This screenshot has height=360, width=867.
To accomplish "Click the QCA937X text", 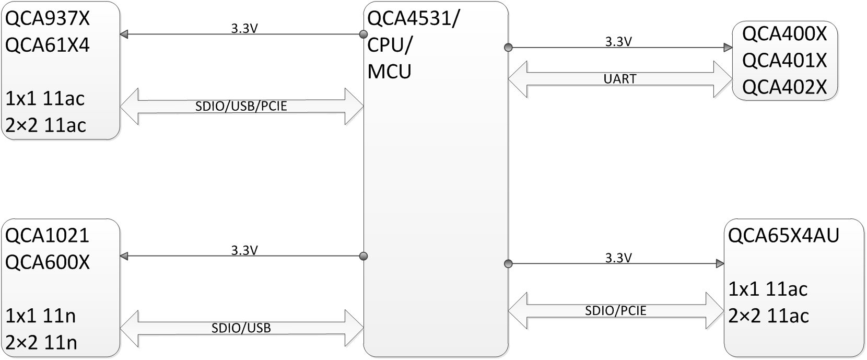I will point(48,19).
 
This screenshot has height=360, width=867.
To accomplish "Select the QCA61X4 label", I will point(48,45).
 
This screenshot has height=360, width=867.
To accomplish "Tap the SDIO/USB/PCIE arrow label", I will point(241,107).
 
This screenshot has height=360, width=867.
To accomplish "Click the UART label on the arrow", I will point(620,79).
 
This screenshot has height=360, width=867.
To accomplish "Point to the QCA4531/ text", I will point(413,19).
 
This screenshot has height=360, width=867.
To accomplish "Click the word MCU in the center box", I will point(389,72).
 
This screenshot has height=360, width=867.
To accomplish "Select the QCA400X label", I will point(784,34).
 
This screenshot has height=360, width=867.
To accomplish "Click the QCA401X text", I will point(784,61).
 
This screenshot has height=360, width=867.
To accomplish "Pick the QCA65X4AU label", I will point(783,236).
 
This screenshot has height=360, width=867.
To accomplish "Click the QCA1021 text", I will point(48,236).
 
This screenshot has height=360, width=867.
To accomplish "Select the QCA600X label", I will point(48,262).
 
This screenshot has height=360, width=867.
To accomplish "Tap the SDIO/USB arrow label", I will point(241,329).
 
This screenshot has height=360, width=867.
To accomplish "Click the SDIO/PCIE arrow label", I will point(616,311).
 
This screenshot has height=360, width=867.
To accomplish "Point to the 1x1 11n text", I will point(41,316).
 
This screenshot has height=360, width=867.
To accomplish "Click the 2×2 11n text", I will point(41,343).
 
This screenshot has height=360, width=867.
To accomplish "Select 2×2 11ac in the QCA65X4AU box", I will point(768,316).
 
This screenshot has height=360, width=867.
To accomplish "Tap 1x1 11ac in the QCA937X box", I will point(45,98).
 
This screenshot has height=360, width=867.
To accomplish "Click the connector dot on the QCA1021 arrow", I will point(364,256).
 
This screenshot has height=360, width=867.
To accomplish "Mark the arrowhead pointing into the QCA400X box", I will point(728,48).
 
